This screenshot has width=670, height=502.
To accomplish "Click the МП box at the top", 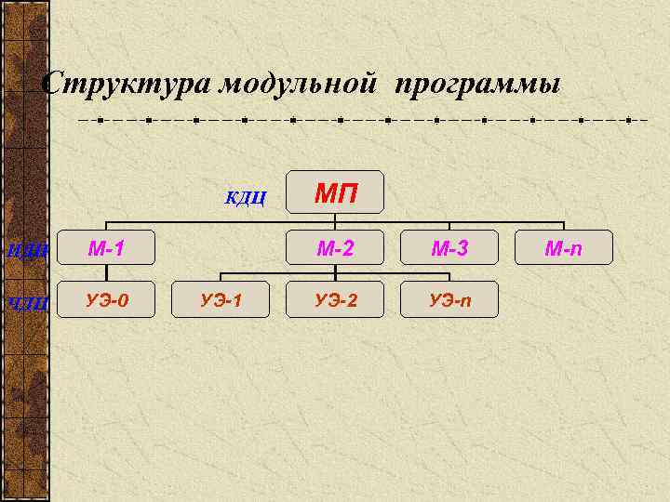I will tap(335, 194).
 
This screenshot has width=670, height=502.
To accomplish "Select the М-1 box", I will tap(106, 248).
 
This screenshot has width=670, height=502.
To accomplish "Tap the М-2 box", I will tap(335, 248).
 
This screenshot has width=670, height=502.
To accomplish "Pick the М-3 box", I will tap(449, 248).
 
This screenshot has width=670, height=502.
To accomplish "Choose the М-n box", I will tap(564, 248).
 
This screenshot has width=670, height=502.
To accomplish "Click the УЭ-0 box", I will tap(106, 299).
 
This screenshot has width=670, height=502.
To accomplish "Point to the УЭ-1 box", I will tap(221, 299).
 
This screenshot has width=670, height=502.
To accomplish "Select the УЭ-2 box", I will tap(335, 299).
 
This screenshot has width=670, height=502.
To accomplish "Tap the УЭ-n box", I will tap(449, 299).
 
